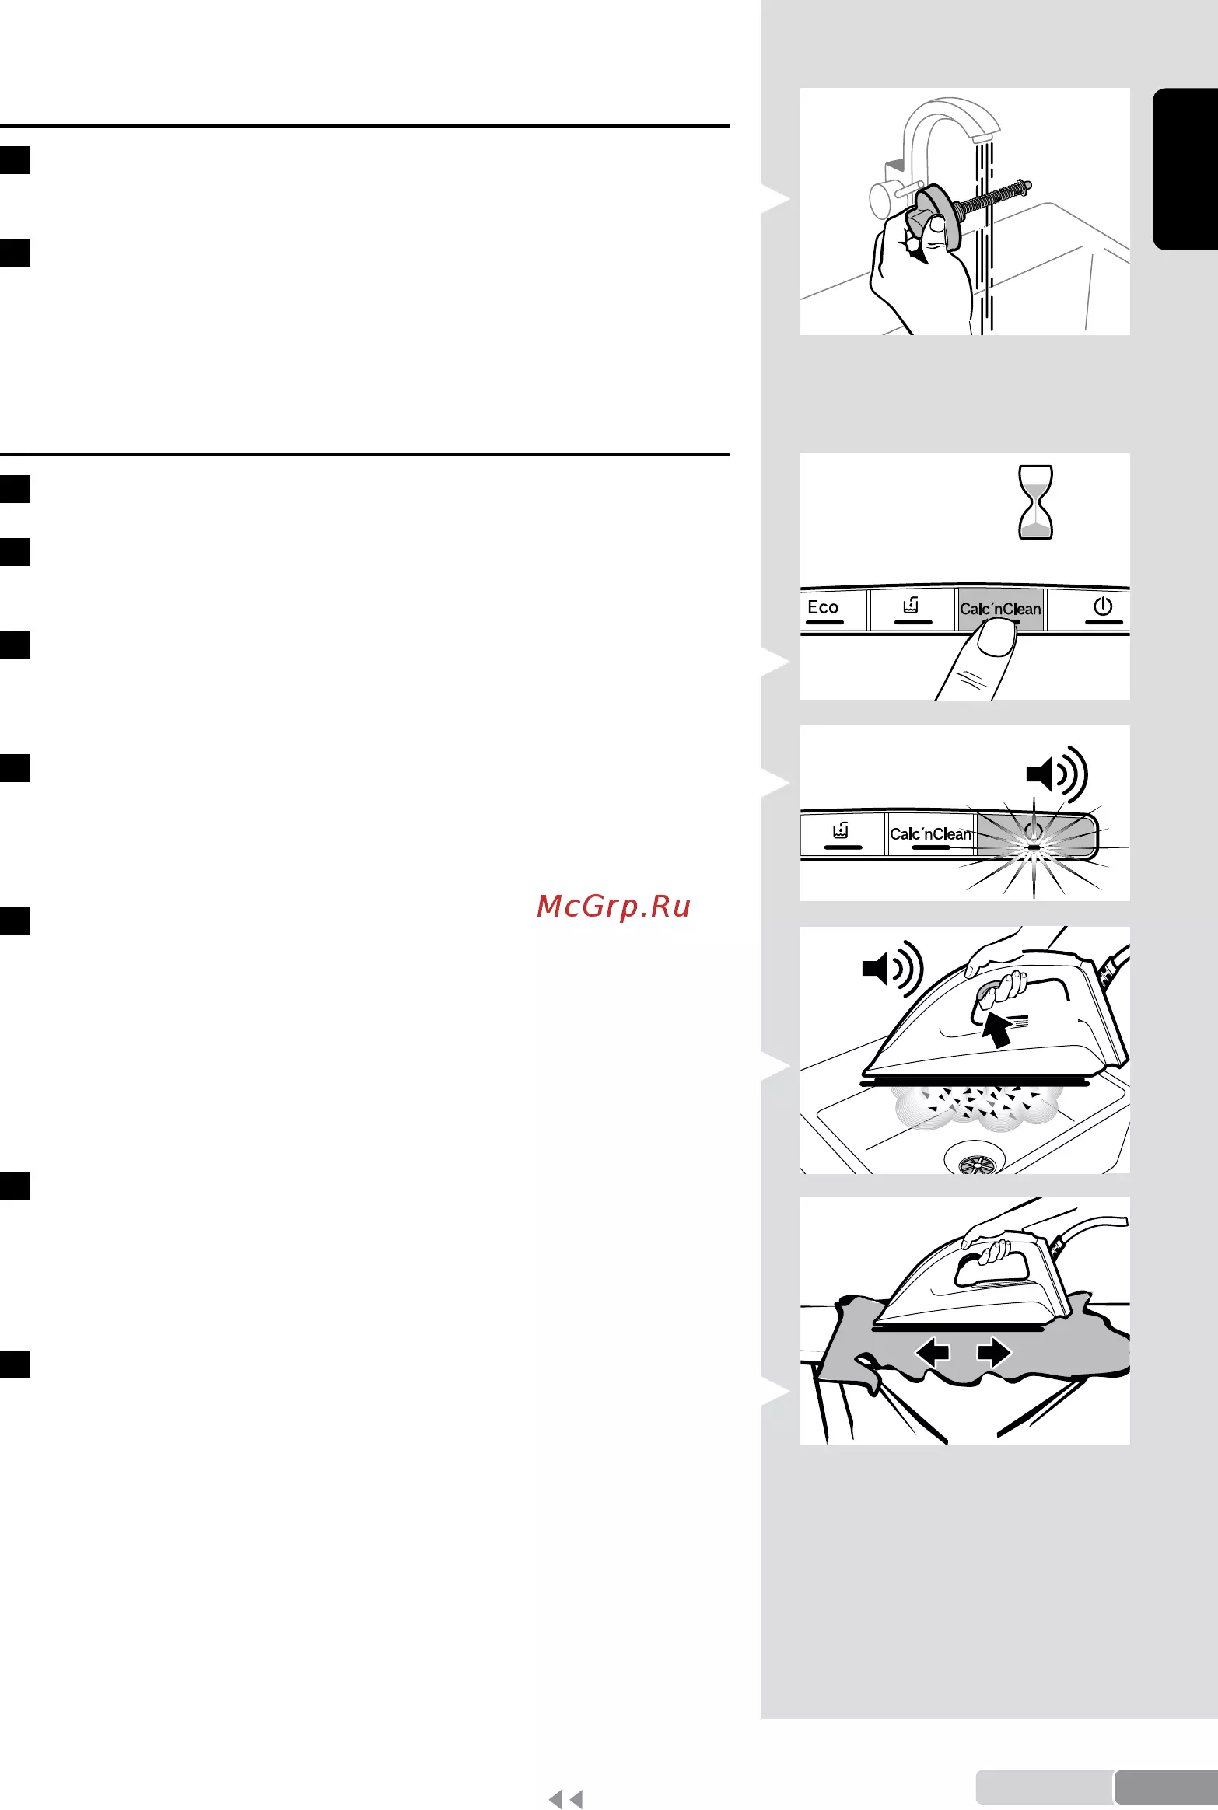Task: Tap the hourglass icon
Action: click(x=1035, y=502)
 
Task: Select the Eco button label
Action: click(x=823, y=607)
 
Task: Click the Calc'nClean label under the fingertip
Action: click(x=1000, y=609)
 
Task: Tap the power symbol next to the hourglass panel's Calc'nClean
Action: click(x=1103, y=606)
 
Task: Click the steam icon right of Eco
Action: click(x=912, y=605)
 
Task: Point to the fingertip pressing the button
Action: click(x=996, y=639)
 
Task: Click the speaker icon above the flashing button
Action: click(x=1057, y=774)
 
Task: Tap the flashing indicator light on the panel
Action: click(x=1034, y=847)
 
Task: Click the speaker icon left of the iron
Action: click(x=892, y=969)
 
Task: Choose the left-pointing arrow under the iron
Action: click(x=933, y=1352)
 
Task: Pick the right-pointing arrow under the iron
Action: click(x=995, y=1352)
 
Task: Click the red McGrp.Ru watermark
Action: click(x=614, y=906)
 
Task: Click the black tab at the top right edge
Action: click(x=1185, y=169)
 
